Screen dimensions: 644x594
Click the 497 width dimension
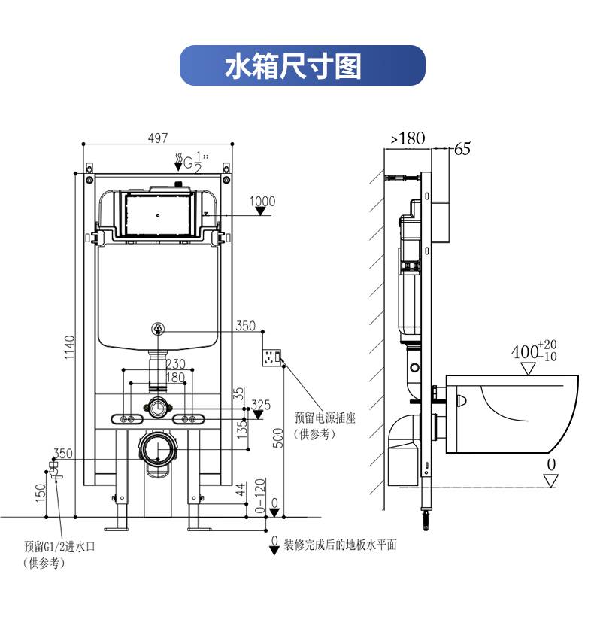pos(157,138)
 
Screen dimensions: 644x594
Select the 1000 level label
pos(262,201)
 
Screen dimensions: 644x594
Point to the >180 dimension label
pos(408,138)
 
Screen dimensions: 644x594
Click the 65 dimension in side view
pos(462,149)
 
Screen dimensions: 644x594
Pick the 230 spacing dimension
pos(175,364)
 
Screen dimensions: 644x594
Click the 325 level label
pos(260,405)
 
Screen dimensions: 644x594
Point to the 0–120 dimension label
pos(260,495)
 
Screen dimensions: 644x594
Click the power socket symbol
pos(271,357)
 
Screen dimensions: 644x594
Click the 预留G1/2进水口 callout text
pos(59,546)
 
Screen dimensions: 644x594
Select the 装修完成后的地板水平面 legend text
pos(339,545)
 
